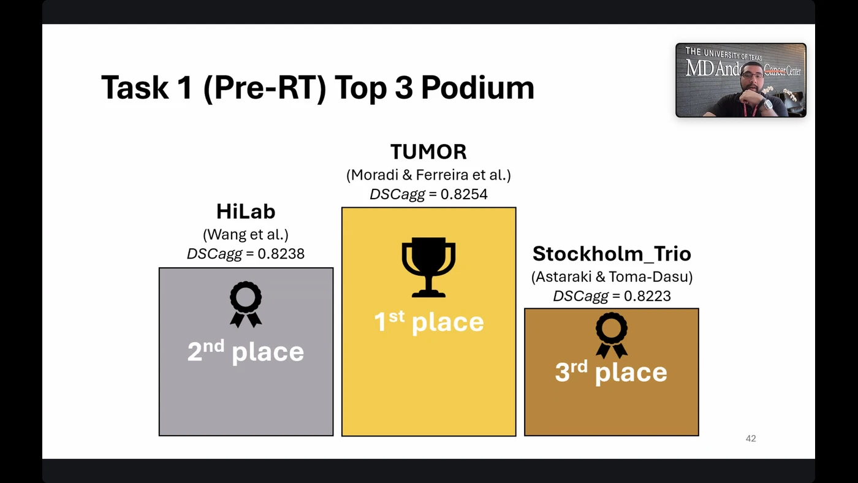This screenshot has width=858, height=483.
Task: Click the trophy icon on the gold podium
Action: tap(428, 267)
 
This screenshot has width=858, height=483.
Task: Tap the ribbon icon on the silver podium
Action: tap(246, 304)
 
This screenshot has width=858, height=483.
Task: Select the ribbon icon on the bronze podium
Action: tap(612, 335)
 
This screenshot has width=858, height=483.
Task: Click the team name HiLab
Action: tap(246, 211)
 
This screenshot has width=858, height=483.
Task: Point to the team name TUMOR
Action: tap(428, 151)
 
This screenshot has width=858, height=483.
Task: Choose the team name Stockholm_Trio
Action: tap(612, 254)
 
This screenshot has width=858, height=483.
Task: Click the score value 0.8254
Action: tap(464, 194)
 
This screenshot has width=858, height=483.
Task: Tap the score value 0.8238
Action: tap(281, 254)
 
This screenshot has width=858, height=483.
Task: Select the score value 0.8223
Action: tap(647, 295)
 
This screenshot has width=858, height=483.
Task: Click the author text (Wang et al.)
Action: tap(246, 234)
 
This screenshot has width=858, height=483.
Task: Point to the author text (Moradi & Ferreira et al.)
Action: tap(428, 175)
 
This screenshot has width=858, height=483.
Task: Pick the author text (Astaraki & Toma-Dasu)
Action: tap(612, 276)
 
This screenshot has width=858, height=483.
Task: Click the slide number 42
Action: tap(751, 439)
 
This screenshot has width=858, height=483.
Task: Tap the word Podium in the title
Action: tap(477, 88)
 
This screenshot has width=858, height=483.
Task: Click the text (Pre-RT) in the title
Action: tap(265, 88)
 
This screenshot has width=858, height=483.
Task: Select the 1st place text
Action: tap(428, 322)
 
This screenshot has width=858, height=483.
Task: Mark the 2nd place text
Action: tap(246, 351)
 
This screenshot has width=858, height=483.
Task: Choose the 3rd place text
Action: tap(612, 372)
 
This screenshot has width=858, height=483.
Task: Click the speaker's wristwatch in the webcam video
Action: tap(768, 105)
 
